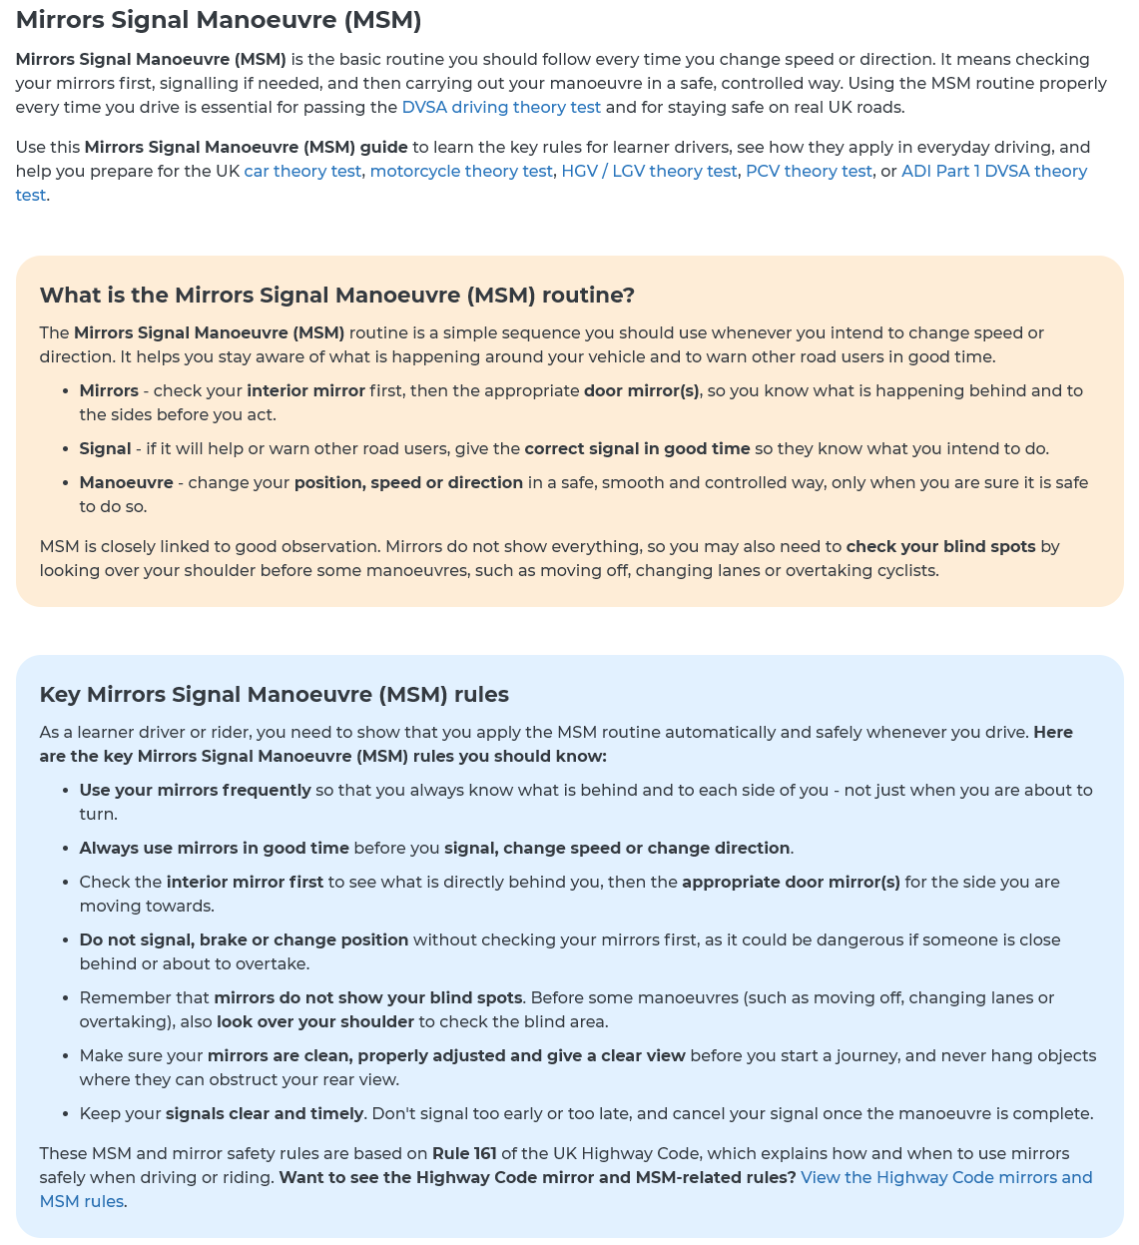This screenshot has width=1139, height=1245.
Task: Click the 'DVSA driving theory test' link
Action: [501, 107]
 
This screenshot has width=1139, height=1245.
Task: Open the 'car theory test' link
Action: [302, 171]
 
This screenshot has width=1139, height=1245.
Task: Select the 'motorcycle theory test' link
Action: [461, 171]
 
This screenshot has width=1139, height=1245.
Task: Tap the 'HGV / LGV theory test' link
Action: [649, 171]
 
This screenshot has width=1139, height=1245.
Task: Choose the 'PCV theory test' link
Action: [809, 171]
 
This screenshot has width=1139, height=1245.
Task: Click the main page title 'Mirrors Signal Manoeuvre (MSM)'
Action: [219, 19]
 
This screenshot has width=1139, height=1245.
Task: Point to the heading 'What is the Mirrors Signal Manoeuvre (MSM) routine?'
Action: [337, 295]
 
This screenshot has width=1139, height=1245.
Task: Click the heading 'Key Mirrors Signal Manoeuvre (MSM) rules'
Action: [275, 694]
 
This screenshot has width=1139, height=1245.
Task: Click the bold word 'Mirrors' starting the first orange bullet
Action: [109, 390]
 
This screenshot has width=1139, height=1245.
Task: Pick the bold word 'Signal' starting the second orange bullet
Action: [105, 448]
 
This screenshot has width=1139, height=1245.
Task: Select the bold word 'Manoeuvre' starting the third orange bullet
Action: [126, 482]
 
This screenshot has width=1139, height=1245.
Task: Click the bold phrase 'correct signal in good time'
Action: [637, 448]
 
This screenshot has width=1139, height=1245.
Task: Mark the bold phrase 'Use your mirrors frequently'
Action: [196, 790]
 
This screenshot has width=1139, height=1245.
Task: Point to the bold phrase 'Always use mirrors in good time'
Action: [215, 848]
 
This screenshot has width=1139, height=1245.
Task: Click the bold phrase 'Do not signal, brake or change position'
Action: [245, 939]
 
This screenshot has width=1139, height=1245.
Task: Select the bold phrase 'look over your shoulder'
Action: [315, 1021]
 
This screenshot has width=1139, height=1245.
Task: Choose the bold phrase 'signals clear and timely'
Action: [265, 1113]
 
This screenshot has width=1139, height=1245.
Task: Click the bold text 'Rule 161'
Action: [464, 1153]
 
